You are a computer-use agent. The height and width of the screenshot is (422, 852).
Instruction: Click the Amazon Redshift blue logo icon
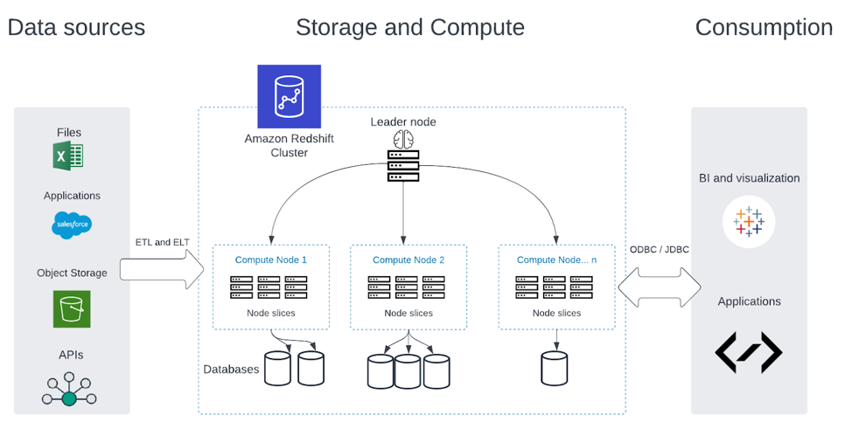tap(289, 96)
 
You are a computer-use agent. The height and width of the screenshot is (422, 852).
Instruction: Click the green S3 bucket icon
tap(71, 309)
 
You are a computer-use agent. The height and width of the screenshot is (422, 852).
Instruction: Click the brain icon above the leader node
tap(403, 139)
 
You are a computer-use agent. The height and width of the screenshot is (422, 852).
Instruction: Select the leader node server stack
tap(403, 166)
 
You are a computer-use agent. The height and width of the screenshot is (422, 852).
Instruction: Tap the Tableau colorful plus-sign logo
tap(749, 222)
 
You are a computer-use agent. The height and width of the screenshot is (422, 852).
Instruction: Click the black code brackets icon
tap(749, 352)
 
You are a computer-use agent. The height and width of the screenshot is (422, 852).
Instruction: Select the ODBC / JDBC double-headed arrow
tap(660, 286)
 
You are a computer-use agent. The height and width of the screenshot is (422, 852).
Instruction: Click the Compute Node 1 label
tap(271, 259)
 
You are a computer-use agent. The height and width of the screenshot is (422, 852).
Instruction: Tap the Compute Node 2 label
tap(409, 259)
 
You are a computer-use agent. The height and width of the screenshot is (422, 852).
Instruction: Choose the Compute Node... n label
tap(557, 259)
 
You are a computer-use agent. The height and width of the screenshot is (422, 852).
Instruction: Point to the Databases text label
tap(231, 369)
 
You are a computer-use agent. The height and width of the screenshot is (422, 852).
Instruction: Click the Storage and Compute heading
tap(409, 27)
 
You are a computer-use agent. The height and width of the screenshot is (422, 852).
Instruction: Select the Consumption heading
tap(763, 27)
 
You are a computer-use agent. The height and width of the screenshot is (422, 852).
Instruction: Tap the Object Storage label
tap(72, 273)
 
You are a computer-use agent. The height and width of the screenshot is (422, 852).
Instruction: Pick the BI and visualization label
tap(749, 177)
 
